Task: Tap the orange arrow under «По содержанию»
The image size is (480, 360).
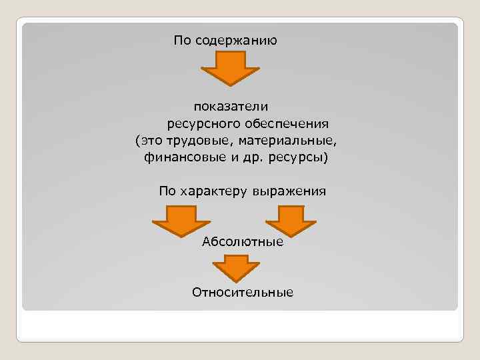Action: point(230,67)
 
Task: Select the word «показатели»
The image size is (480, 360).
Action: point(231,106)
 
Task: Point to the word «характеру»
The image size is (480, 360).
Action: point(212,191)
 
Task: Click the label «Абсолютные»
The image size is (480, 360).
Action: point(243,241)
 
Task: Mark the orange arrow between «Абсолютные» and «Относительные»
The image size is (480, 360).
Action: point(236,270)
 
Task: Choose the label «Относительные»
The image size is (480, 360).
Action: point(243,292)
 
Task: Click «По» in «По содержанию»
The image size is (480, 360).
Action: point(182,41)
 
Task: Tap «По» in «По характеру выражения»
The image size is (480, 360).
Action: point(167,191)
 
